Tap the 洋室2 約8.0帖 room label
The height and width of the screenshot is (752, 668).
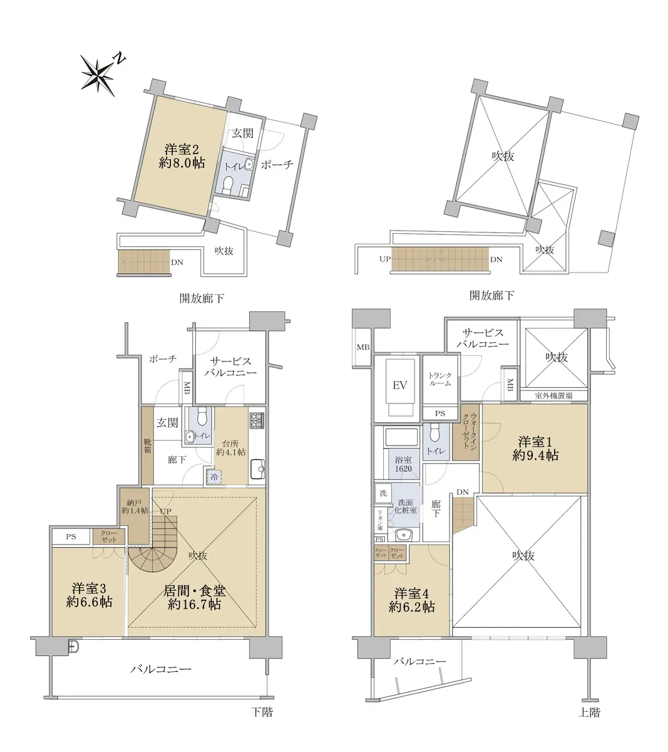click(x=182, y=156)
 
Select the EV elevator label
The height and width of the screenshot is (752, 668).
click(x=399, y=385)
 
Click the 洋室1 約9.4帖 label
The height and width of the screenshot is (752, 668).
click(x=535, y=448)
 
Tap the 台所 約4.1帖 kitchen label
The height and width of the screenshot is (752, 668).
click(x=231, y=447)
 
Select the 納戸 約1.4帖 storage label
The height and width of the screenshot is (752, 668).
click(x=135, y=506)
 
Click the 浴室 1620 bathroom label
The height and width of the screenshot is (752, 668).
click(x=403, y=464)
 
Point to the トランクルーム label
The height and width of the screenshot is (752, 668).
click(x=440, y=379)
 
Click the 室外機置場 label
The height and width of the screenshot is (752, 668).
click(x=553, y=395)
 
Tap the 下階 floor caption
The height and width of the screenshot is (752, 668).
click(x=262, y=711)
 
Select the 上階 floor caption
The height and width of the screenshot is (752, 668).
click(x=589, y=713)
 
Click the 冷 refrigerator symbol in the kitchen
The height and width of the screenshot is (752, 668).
click(x=214, y=477)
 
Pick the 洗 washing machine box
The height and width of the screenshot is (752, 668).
click(x=384, y=493)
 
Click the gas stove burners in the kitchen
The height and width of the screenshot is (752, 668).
click(x=257, y=420)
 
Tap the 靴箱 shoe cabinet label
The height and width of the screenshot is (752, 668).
click(x=148, y=446)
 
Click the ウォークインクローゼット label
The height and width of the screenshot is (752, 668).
click(x=470, y=431)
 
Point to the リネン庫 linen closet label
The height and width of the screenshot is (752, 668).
click(x=380, y=520)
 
